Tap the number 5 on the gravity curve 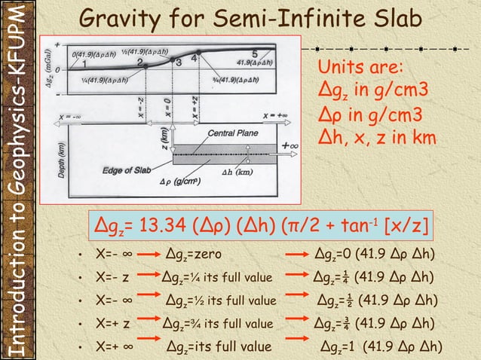pyautogui.click(x=254, y=54)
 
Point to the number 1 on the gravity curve pyautogui.click(x=84, y=64)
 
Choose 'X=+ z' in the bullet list pyautogui.click(x=114, y=325)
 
